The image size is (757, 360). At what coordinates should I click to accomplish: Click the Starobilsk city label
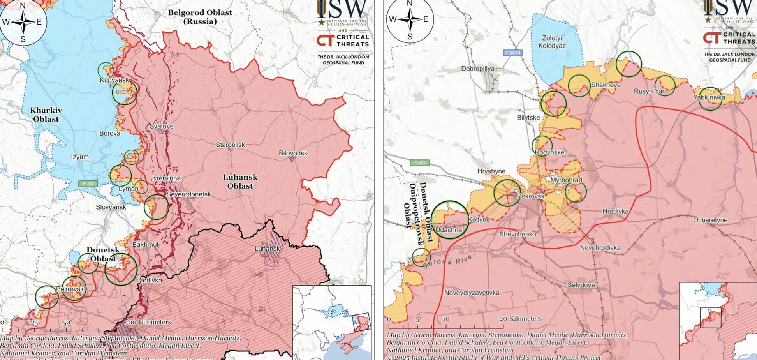tap(230, 145)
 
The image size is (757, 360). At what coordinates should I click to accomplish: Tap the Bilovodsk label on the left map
tap(293, 153)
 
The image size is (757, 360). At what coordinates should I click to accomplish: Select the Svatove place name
tap(161, 126)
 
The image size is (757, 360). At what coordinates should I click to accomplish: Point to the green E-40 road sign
tap(88, 184)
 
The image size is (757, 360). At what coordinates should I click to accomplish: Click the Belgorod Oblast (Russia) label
tap(200, 17)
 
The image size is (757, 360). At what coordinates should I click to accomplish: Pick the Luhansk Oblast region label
tap(240, 182)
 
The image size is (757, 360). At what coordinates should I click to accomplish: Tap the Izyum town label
tap(80, 157)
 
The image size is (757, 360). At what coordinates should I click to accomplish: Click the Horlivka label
tap(150, 280)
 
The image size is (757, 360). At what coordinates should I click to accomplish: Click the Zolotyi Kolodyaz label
tap(552, 42)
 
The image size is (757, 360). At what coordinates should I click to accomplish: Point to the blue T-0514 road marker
tap(512, 53)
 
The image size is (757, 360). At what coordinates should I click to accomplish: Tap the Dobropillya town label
tap(478, 69)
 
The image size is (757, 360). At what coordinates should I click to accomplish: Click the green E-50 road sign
tap(419, 162)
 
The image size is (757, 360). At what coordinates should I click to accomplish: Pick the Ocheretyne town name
tap(710, 220)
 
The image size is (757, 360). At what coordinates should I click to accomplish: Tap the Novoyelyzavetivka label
tap(472, 293)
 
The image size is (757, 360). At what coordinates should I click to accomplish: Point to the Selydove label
tap(581, 285)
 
